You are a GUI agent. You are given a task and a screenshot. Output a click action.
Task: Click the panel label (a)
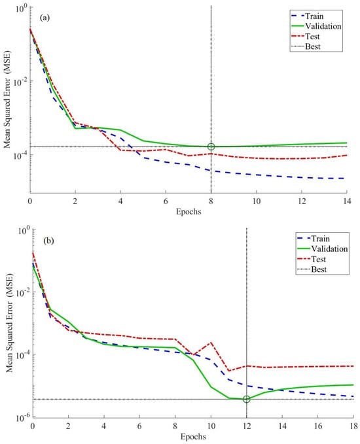pos(45,18)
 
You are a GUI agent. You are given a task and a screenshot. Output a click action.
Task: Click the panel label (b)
pos(48,241)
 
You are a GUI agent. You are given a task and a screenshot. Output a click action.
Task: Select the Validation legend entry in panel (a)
pos(316,26)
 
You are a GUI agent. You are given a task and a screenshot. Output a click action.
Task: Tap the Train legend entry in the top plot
pos(307,16)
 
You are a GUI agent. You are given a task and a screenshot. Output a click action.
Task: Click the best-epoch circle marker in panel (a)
pos(211,146)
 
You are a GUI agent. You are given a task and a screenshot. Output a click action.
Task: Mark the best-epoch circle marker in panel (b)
pos(247,399)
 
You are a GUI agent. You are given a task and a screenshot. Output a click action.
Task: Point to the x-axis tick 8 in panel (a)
pos(211,201)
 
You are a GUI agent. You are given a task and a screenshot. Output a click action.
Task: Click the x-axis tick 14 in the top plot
pos(347,201)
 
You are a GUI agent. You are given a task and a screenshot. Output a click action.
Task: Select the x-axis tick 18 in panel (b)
pos(353,426)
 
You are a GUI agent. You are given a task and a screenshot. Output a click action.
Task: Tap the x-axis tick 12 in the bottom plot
pos(246,426)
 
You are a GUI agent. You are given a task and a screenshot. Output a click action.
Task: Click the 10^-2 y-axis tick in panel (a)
pos(20,82)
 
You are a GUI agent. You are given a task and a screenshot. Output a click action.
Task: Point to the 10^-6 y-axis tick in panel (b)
pos(22,417)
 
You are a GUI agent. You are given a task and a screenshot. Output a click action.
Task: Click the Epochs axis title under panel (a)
pos(189,211)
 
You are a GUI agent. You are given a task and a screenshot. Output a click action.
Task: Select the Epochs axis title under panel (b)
pos(193,436)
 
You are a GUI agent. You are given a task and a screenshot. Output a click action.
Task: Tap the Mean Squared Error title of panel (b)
pos(10,323)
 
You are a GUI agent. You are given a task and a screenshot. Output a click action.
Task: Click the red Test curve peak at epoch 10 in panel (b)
pos(211,343)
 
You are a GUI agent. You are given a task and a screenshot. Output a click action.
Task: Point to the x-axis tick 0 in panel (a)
pos(30,201)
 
